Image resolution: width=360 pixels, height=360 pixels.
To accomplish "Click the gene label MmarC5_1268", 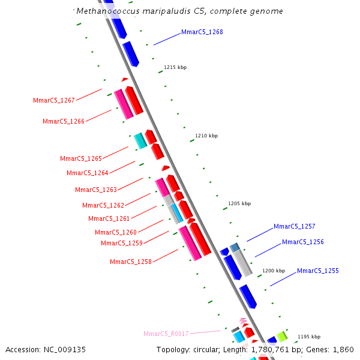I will click(x=202, y=32).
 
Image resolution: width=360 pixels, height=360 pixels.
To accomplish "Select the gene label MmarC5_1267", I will click(x=54, y=100).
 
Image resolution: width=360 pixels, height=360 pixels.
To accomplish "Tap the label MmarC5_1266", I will click(x=64, y=121).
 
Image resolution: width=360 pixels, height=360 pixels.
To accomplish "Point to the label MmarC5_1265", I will click(x=81, y=158).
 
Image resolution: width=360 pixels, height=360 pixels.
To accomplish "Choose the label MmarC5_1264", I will click(x=88, y=173).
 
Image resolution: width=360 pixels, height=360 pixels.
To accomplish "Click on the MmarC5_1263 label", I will click(x=96, y=190).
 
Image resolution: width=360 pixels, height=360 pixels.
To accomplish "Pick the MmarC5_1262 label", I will click(x=103, y=205).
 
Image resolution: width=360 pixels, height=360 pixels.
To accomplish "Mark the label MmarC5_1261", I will click(x=109, y=218).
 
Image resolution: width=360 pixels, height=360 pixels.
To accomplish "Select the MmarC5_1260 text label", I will click(x=116, y=232).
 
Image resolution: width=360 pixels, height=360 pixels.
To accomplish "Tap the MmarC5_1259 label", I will click(x=122, y=243).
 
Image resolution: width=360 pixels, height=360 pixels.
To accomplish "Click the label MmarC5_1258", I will click(x=131, y=262).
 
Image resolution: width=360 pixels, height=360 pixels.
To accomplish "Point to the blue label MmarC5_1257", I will click(x=295, y=226).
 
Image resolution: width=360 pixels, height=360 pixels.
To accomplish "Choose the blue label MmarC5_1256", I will click(x=303, y=242).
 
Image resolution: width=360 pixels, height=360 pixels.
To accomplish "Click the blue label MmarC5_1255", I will click(x=318, y=271).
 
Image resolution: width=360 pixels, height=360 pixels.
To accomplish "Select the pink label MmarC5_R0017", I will click(x=166, y=334).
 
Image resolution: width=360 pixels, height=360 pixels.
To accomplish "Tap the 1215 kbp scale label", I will click(x=175, y=68).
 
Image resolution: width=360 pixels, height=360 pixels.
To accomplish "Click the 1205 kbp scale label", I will click(x=239, y=203).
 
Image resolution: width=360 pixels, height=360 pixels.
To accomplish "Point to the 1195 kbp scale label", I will click(x=309, y=337).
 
